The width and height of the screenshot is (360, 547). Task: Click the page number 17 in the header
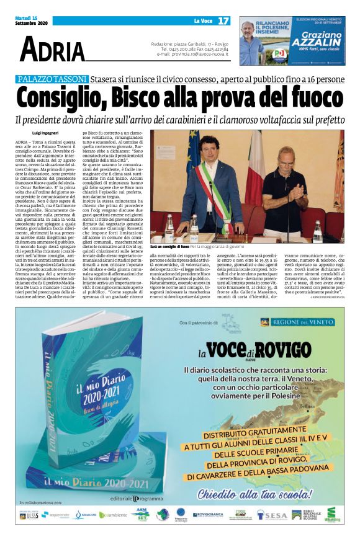[x=223, y=20]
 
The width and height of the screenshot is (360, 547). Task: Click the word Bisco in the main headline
[x=141, y=99]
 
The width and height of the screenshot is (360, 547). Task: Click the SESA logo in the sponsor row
[x=272, y=515]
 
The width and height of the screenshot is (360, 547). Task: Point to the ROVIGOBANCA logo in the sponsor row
[x=207, y=514]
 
